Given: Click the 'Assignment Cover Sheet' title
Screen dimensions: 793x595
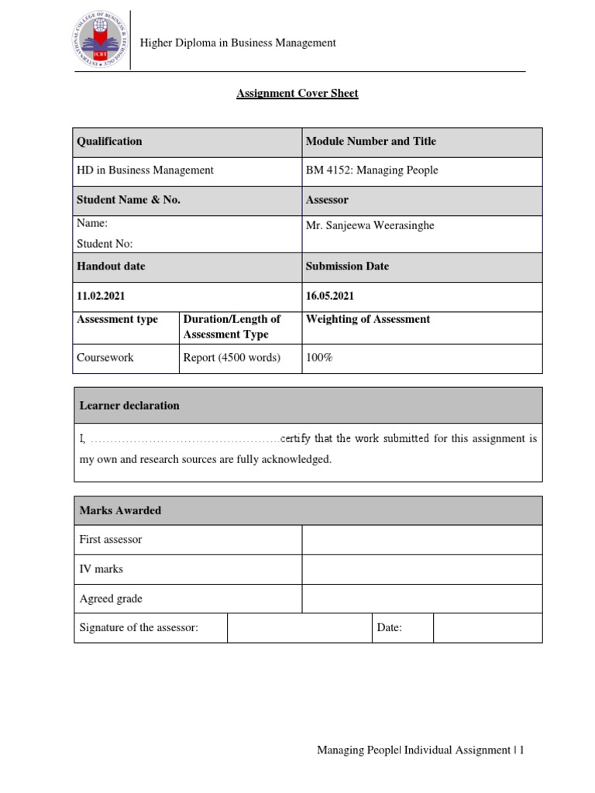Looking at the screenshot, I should (297, 94).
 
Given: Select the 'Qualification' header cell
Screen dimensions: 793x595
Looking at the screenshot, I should (109, 141).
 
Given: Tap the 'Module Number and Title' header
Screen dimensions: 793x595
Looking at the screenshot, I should (370, 141).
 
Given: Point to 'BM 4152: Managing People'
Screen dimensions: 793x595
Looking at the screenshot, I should (372, 170).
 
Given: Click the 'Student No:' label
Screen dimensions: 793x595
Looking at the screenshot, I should (105, 243).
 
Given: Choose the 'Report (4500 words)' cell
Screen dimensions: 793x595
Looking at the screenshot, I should (232, 358).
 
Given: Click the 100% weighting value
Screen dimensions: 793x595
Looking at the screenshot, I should (319, 358).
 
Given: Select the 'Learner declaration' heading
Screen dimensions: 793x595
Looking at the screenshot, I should (129, 405).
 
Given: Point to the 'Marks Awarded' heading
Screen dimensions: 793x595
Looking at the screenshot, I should (120, 510).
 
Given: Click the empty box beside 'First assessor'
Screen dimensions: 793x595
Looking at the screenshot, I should (421, 540).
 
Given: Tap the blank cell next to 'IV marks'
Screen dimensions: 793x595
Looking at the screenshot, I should (421, 569).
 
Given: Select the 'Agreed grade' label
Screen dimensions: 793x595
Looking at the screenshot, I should (111, 599).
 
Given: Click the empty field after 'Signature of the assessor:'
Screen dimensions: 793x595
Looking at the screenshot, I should (299, 628).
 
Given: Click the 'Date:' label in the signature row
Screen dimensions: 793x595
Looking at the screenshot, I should (389, 628).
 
